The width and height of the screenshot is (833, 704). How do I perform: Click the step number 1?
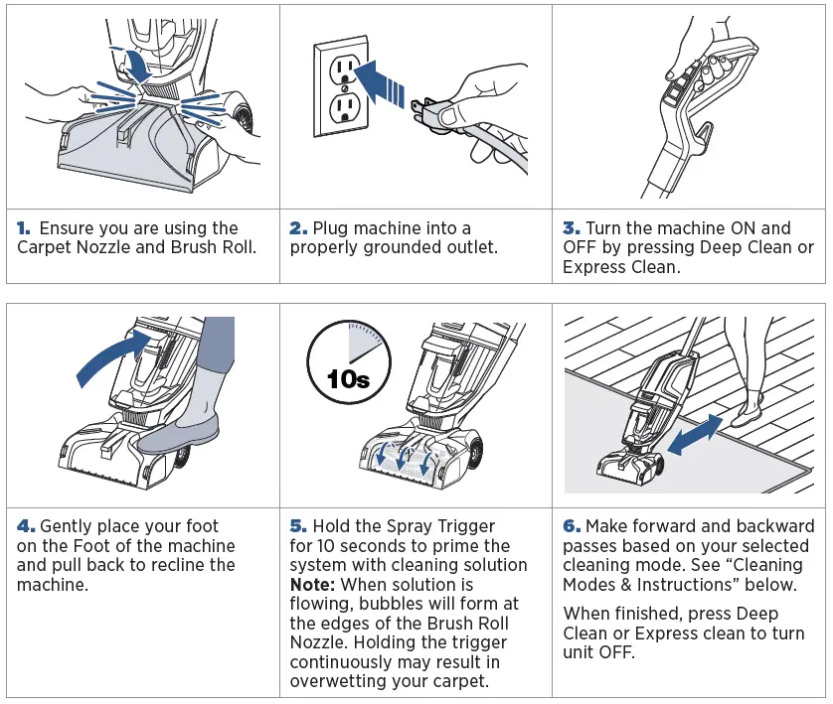point(25,228)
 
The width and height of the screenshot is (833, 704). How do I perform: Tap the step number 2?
point(298,228)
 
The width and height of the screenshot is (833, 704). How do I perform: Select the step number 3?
point(571,228)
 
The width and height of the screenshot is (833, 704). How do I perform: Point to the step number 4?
point(26,526)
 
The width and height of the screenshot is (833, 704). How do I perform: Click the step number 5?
point(298,526)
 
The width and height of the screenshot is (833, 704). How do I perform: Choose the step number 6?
point(572,526)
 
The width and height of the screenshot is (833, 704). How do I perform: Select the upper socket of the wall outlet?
point(342,69)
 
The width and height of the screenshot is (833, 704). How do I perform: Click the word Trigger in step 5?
point(463,526)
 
